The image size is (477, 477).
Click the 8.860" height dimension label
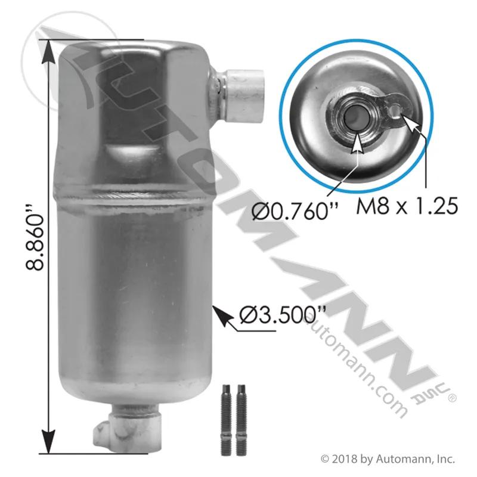click(35, 238)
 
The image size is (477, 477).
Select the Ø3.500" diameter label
click(283, 315)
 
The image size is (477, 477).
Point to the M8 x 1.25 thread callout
click(407, 206)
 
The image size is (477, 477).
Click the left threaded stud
click(226, 420)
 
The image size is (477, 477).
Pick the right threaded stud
click(241, 420)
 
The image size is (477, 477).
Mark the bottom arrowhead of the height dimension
click(48, 442)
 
